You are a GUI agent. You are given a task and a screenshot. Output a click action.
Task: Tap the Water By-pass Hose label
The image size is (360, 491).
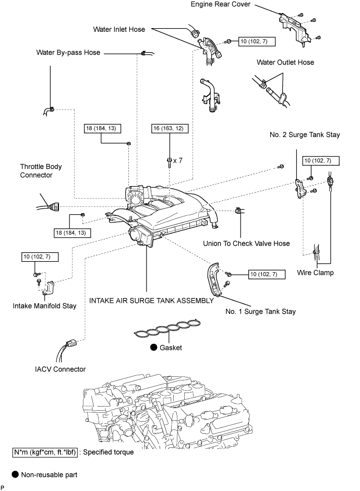click(68, 53)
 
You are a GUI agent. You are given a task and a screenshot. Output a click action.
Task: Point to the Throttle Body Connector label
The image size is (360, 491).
click(41, 171)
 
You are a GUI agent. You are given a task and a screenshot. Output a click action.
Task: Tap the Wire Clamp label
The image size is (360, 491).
click(316, 272)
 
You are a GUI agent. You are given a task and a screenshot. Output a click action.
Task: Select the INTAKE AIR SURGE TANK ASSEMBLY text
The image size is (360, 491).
click(151, 301)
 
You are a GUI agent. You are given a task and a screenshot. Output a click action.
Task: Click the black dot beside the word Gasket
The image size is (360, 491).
click(154, 348)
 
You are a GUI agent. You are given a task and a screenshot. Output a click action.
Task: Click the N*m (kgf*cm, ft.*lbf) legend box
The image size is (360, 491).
click(45, 452)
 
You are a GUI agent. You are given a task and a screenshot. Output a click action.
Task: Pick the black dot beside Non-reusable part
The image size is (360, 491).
click(16, 475)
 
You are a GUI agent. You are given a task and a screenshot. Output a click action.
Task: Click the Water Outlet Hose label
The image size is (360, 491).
click(285, 63)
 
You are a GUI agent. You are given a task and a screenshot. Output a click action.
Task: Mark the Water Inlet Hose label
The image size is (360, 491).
click(119, 30)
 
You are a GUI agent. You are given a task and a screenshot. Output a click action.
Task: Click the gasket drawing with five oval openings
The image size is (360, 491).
click(166, 332)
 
